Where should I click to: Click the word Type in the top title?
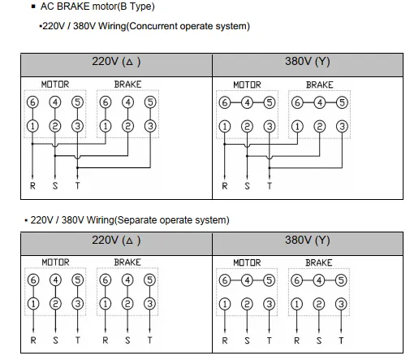point(140,7)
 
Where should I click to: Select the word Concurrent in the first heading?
point(152,26)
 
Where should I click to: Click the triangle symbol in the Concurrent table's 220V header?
point(129,62)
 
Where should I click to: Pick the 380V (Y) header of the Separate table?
point(308,240)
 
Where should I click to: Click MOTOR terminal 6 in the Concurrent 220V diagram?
point(32,102)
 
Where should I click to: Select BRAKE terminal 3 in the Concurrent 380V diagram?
point(342,127)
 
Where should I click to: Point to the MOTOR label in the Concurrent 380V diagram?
point(247,85)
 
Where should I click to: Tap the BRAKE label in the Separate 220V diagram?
point(127,262)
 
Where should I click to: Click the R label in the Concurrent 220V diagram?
point(32,186)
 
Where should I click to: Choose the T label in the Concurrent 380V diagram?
point(270,186)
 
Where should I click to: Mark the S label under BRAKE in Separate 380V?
point(319,340)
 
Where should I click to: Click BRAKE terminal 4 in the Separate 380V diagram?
point(319,280)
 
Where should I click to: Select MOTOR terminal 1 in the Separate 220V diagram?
point(33,304)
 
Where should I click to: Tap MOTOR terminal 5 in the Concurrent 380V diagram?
point(270,102)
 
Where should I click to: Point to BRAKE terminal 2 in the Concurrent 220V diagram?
point(127,126)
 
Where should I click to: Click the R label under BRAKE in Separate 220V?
point(106,340)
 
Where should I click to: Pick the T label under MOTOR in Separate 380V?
point(269,340)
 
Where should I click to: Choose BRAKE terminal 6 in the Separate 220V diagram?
point(106,280)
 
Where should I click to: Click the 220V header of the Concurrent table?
point(116,62)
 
